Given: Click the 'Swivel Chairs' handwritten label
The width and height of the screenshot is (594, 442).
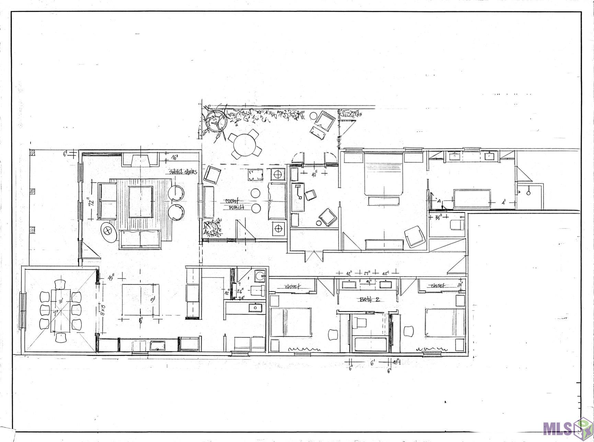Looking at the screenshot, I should pyautogui.click(x=182, y=172).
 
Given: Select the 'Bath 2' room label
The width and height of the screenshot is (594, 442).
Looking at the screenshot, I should pyautogui.click(x=369, y=299).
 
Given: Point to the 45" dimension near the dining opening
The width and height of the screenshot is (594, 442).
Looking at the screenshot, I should pyautogui.click(x=111, y=277).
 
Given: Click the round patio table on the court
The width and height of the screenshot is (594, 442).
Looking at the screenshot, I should pyautogui.click(x=245, y=145).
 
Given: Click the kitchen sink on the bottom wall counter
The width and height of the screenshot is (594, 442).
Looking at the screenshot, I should pyautogui.click(x=158, y=345).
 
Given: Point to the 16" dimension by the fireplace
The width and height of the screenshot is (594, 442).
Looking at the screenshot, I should pyautogui.click(x=175, y=159).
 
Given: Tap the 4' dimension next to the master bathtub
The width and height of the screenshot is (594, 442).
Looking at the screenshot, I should pyautogui.click(x=503, y=203).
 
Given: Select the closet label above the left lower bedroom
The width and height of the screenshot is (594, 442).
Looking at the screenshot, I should pyautogui.click(x=293, y=286).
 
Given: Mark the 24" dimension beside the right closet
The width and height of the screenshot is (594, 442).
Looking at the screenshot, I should pyautogui.click(x=460, y=284).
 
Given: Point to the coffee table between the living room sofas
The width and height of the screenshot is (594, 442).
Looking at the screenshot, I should pyautogui.click(x=140, y=202).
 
